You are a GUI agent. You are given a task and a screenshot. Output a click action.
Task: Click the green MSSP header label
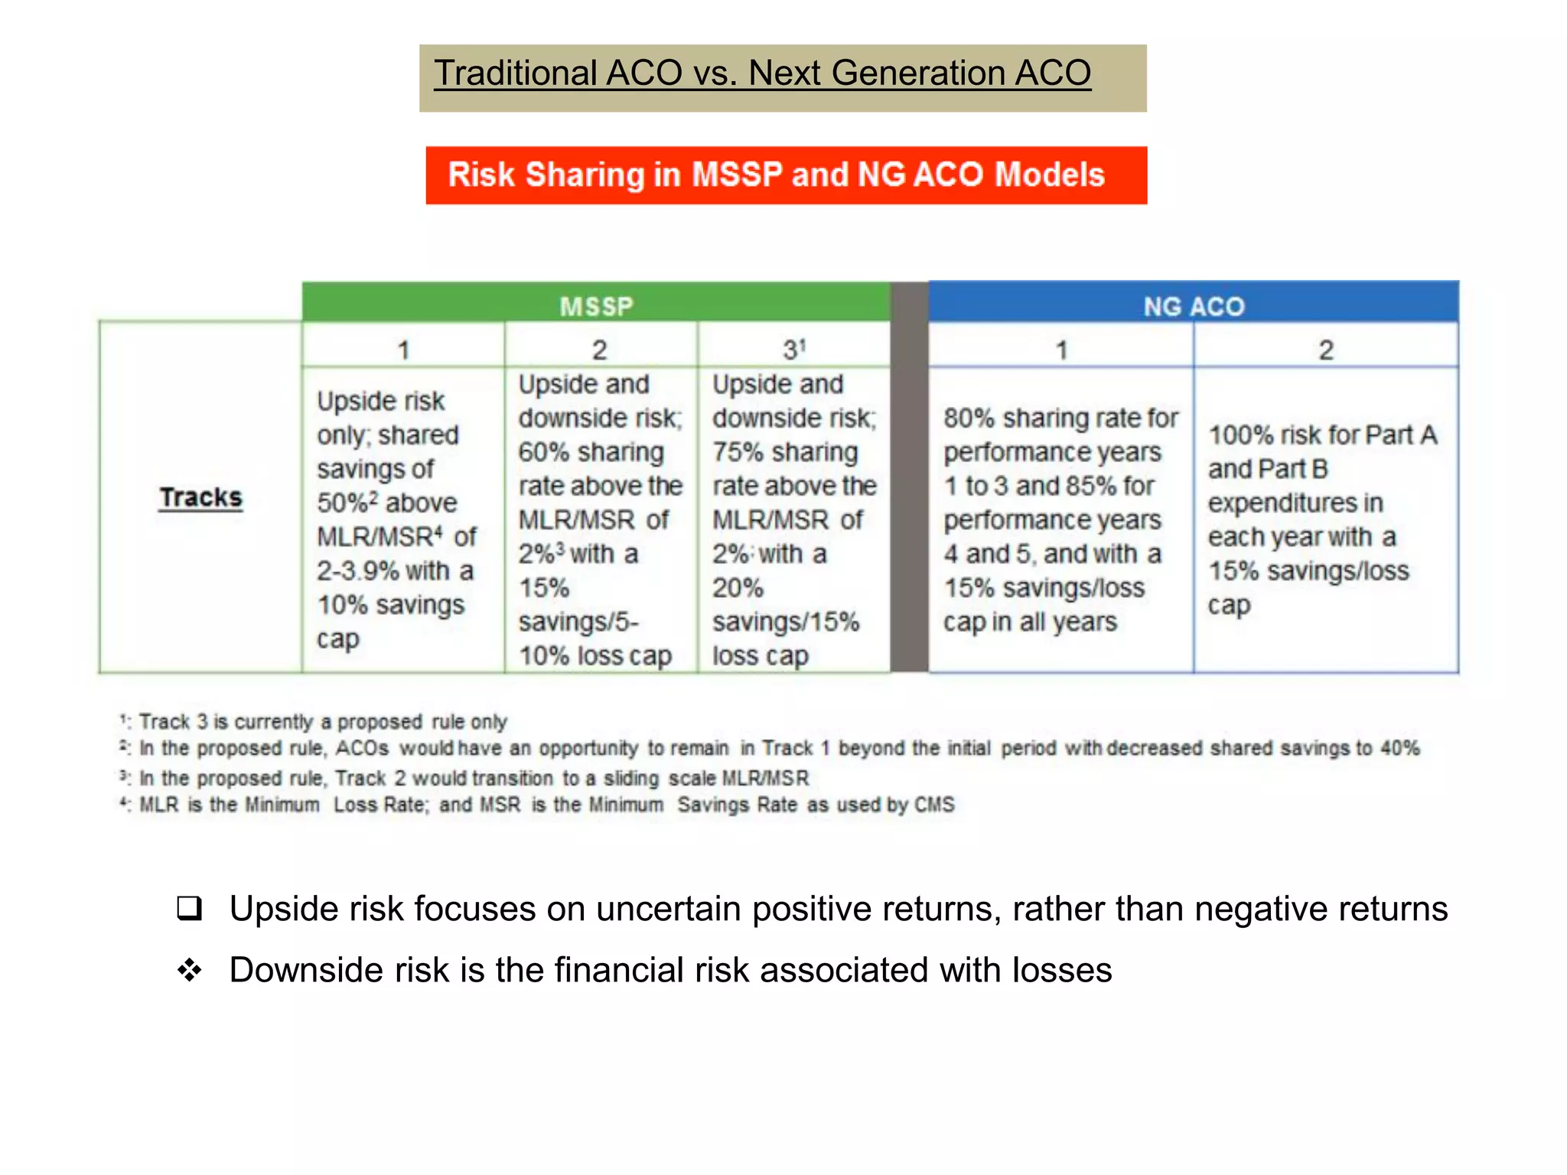point(596,307)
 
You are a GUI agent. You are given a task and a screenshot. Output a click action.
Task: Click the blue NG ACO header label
point(1194,307)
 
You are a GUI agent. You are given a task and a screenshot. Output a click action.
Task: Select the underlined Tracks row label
point(200,498)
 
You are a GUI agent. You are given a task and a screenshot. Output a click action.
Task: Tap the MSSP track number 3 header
point(793,350)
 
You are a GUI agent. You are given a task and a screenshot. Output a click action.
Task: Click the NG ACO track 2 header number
point(1326,350)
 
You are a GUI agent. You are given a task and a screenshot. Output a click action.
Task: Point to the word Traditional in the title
point(515,73)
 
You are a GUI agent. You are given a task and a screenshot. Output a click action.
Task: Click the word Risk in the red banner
point(481,175)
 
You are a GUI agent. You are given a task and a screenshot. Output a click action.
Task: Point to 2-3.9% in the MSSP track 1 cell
point(357,571)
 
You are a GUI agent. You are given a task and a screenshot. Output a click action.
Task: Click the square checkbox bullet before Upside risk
point(189,908)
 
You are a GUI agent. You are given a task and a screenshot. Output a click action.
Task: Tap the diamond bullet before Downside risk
point(189,970)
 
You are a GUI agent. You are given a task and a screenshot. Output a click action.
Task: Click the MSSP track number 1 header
point(403,350)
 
